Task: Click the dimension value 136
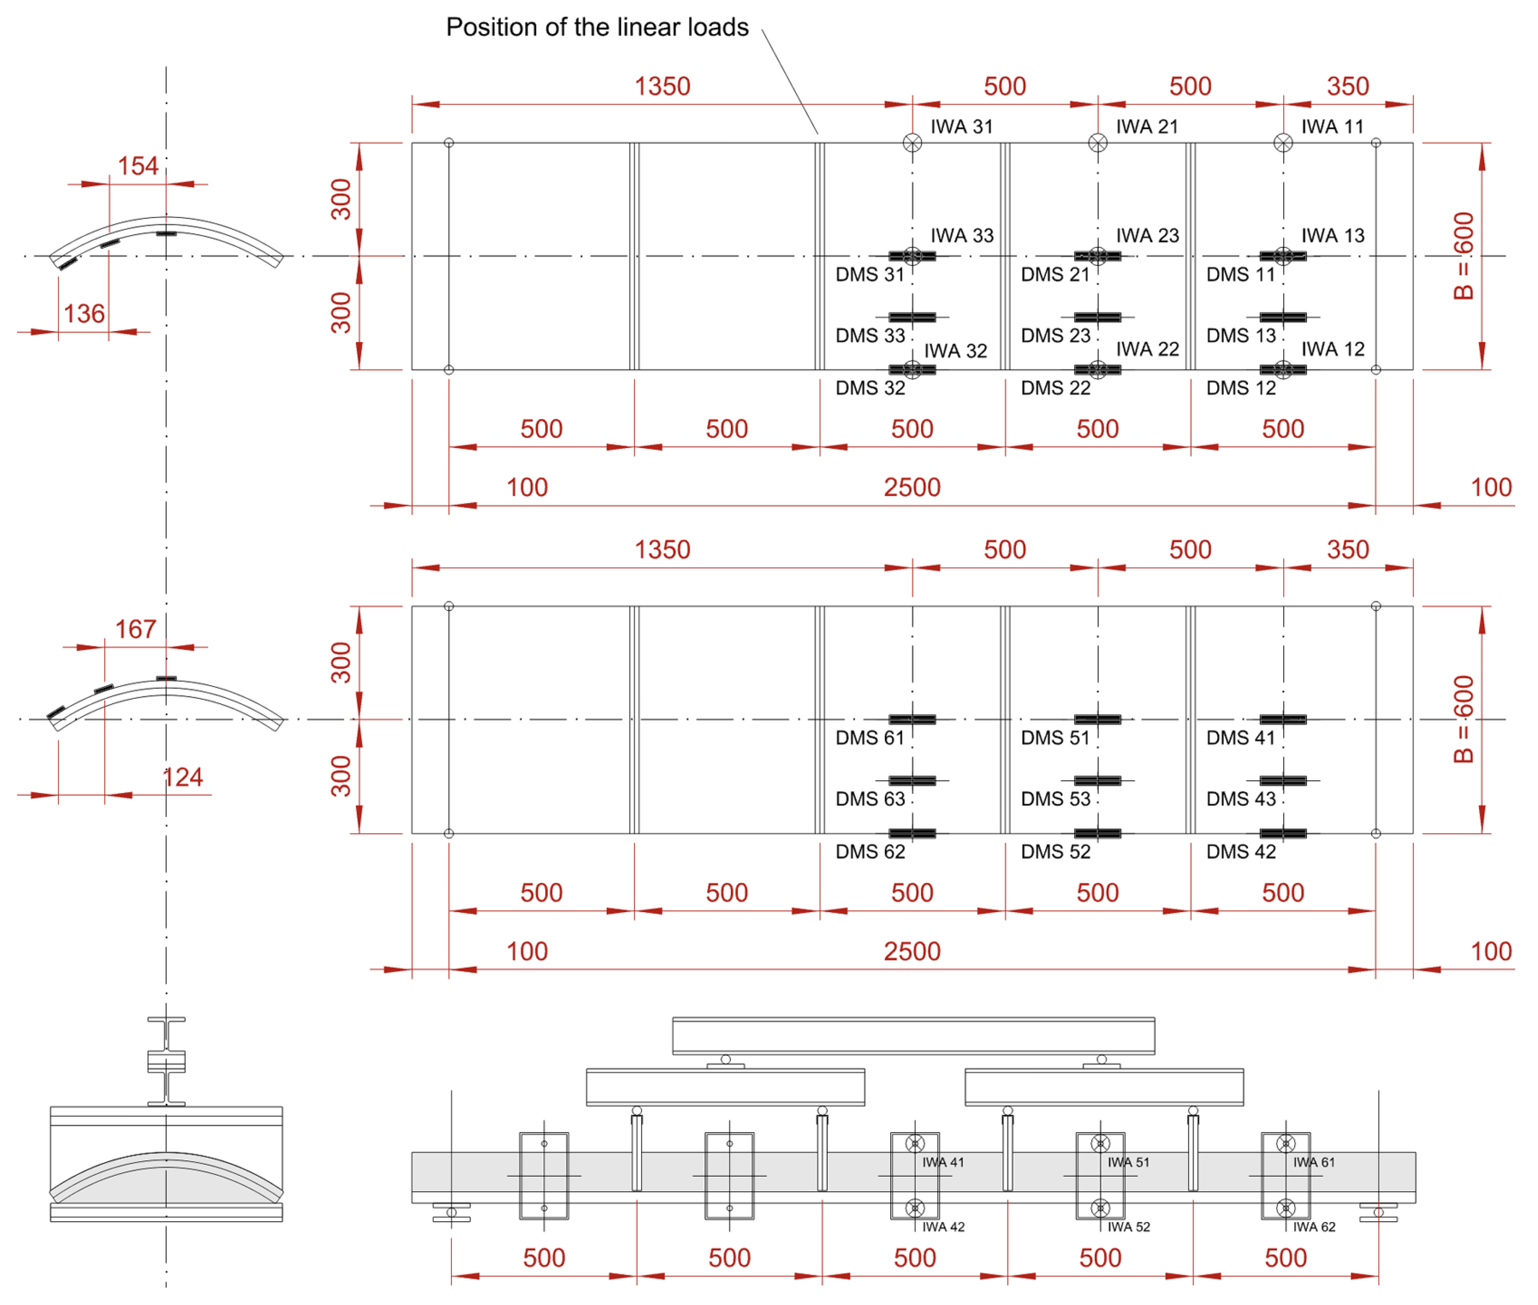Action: click(84, 314)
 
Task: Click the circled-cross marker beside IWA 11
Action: click(1283, 143)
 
